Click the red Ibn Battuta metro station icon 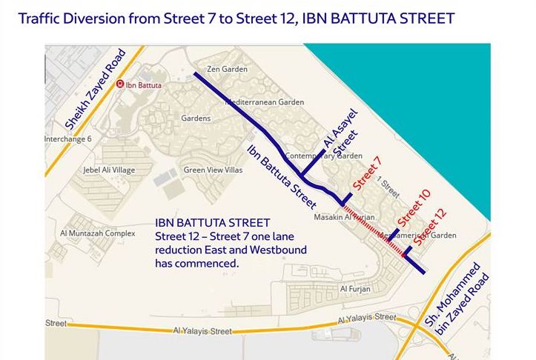coord(121,84)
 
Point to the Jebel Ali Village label coord(110,170)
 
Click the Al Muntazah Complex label coord(98,233)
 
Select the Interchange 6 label coord(67,139)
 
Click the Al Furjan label coord(354,288)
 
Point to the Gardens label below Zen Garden coord(196,118)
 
